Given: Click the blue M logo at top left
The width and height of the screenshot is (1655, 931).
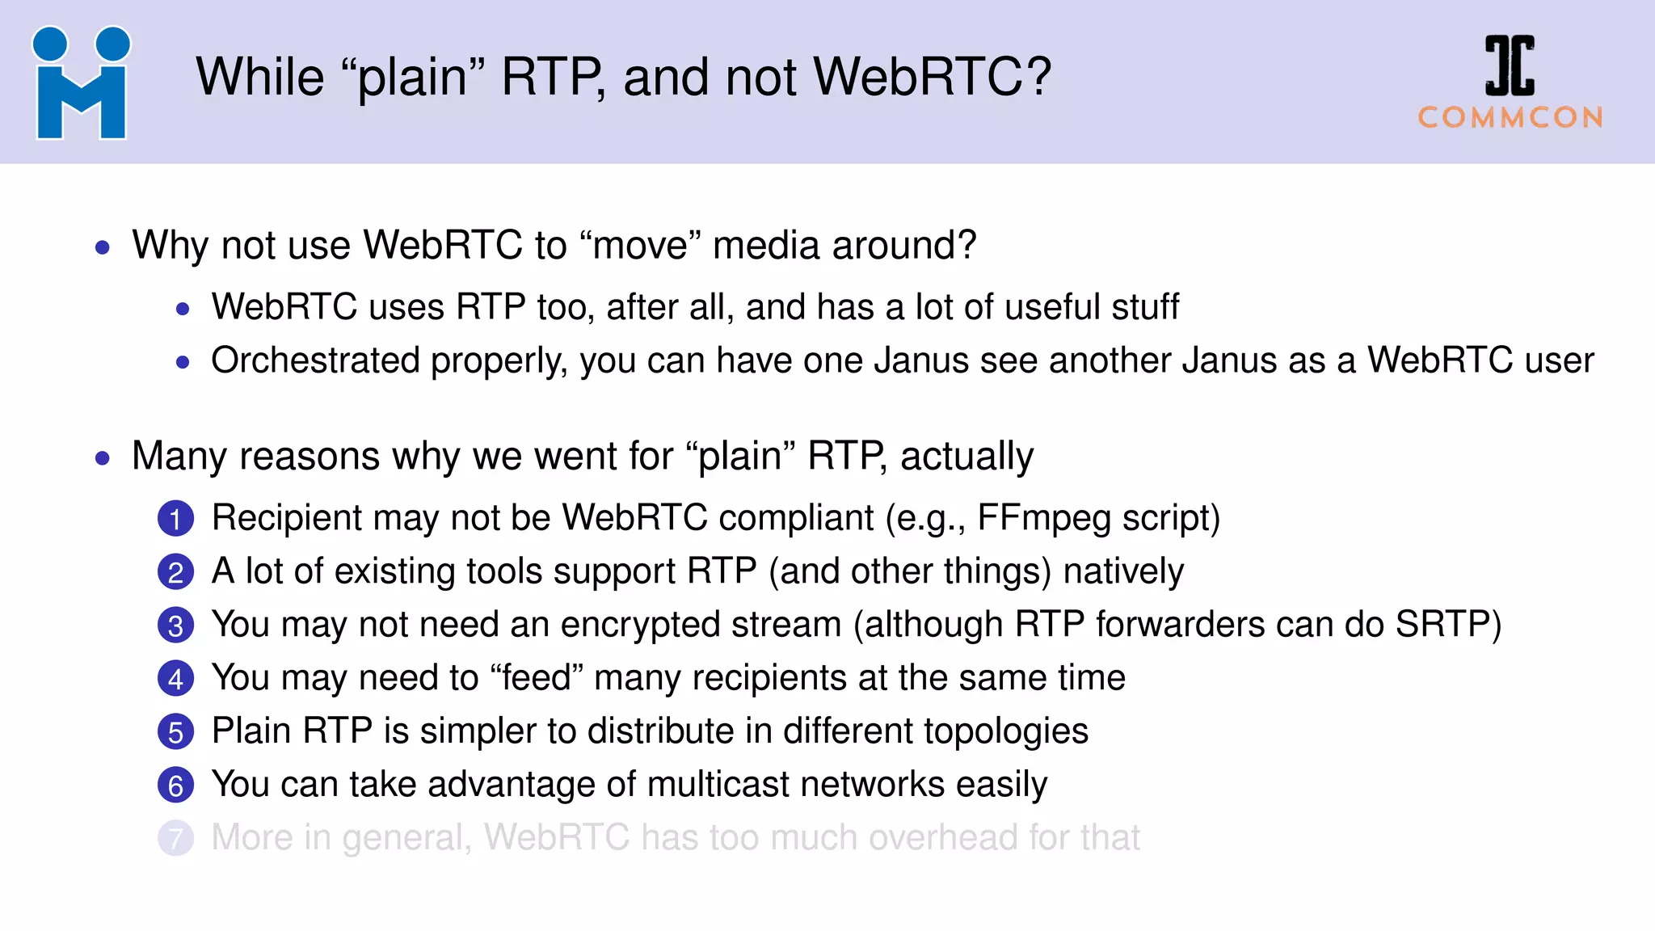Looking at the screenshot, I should point(81,83).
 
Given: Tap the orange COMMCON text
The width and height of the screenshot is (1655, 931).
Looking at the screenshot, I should point(1510,118).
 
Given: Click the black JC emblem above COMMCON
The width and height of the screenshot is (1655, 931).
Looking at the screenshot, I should point(1510,65).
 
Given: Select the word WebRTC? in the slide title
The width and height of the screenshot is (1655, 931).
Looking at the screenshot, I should point(932,78).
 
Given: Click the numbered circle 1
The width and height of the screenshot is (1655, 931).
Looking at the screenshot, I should point(175,519).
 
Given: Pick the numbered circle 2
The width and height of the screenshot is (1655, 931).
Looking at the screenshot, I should point(175,572).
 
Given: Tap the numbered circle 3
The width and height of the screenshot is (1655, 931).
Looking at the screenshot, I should point(175,626).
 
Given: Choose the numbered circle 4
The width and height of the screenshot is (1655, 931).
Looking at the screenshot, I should point(175,679).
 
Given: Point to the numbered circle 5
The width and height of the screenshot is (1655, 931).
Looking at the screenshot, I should point(175,732).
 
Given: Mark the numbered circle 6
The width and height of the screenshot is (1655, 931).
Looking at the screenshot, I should point(175,786).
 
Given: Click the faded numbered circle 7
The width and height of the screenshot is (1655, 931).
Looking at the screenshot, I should point(175,839).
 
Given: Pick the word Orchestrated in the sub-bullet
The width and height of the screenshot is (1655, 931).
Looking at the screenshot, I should point(315,360).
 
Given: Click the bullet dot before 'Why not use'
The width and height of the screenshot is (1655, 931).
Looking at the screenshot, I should point(102,247).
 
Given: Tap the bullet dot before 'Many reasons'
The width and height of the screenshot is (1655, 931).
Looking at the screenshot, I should point(102,458).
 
